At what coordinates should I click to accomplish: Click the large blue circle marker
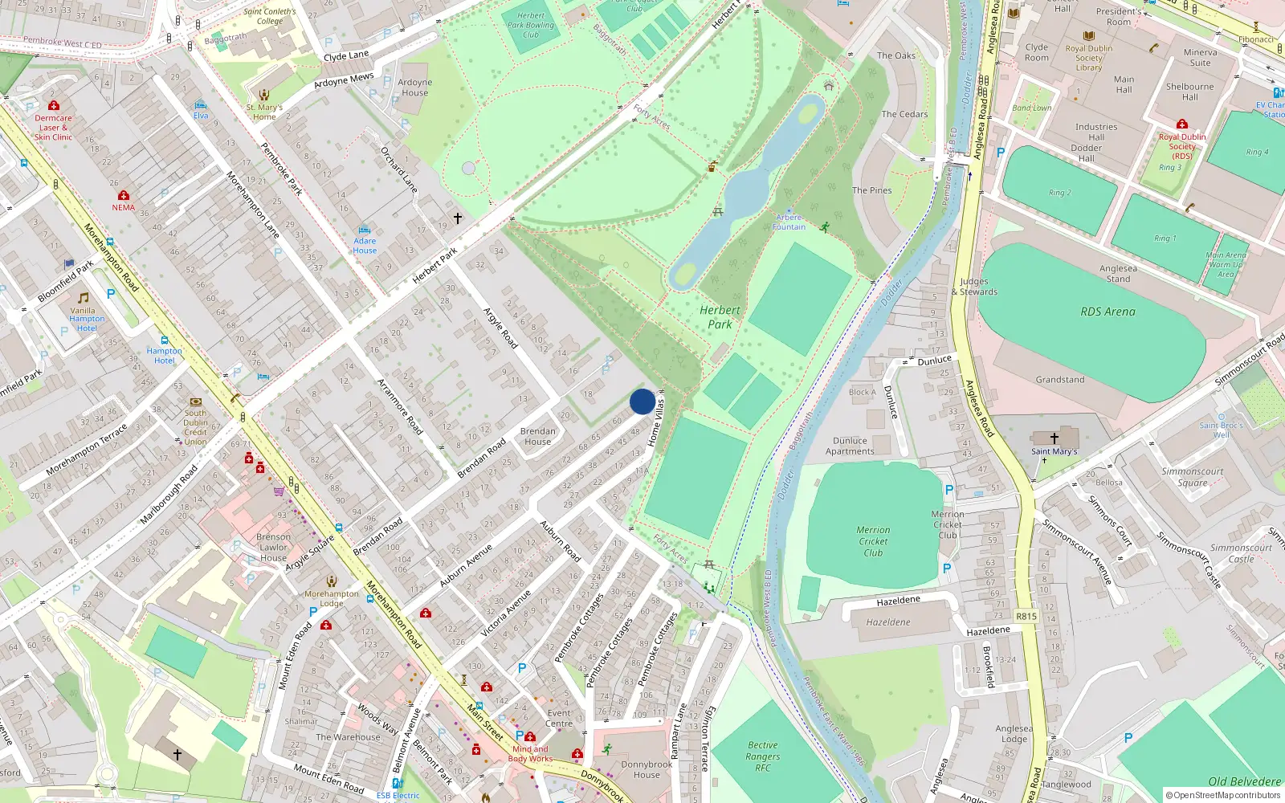(642, 401)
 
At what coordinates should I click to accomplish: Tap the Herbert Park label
(720, 317)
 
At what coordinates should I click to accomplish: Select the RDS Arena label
(1108, 312)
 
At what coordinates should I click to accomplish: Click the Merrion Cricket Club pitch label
(873, 541)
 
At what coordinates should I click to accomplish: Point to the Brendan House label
(537, 436)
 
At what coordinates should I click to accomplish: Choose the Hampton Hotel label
(164, 356)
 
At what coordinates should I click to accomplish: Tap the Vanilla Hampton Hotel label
(85, 320)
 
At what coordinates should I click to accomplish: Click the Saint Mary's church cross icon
(1055, 438)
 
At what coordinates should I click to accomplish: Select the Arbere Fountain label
(789, 222)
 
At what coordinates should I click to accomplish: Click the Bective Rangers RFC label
(762, 756)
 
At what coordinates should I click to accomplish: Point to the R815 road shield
(1026, 617)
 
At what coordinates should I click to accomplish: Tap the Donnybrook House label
(646, 769)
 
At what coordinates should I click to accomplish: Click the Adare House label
(365, 246)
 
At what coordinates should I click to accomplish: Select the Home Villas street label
(656, 421)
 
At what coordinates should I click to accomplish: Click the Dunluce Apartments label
(850, 446)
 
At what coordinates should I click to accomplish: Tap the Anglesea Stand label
(1118, 274)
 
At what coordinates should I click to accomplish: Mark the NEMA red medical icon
(123, 196)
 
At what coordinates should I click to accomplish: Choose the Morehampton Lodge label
(331, 598)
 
